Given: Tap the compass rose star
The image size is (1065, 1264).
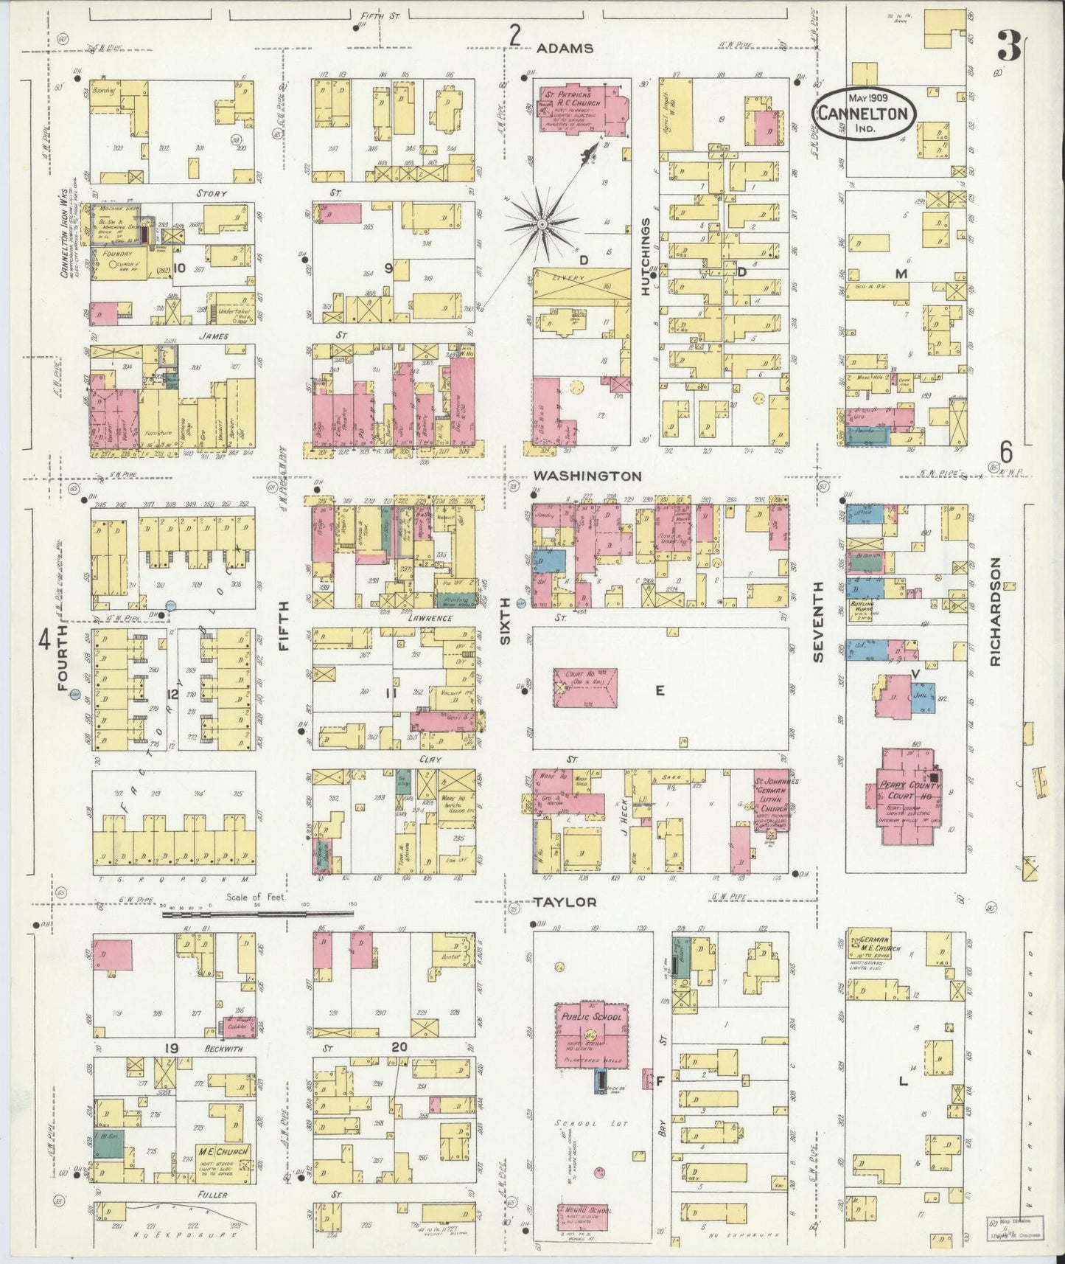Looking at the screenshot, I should pyautogui.click(x=542, y=222).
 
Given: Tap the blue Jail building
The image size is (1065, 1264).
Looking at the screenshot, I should pyautogui.click(x=923, y=696).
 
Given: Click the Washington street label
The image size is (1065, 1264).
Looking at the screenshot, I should pyautogui.click(x=587, y=476).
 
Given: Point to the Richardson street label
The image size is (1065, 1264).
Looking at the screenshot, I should pyautogui.click(x=996, y=612).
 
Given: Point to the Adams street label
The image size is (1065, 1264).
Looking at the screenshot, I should pyautogui.click(x=565, y=48).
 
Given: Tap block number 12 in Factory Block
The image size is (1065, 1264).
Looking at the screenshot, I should pyautogui.click(x=173, y=693).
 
